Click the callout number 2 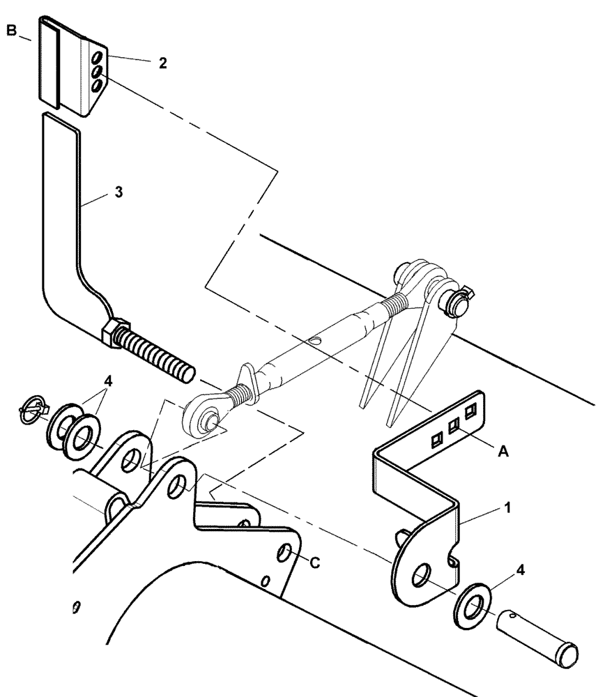click(162, 63)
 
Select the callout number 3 click(118, 192)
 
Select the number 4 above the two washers click(107, 381)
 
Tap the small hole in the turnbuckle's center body click(316, 341)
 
